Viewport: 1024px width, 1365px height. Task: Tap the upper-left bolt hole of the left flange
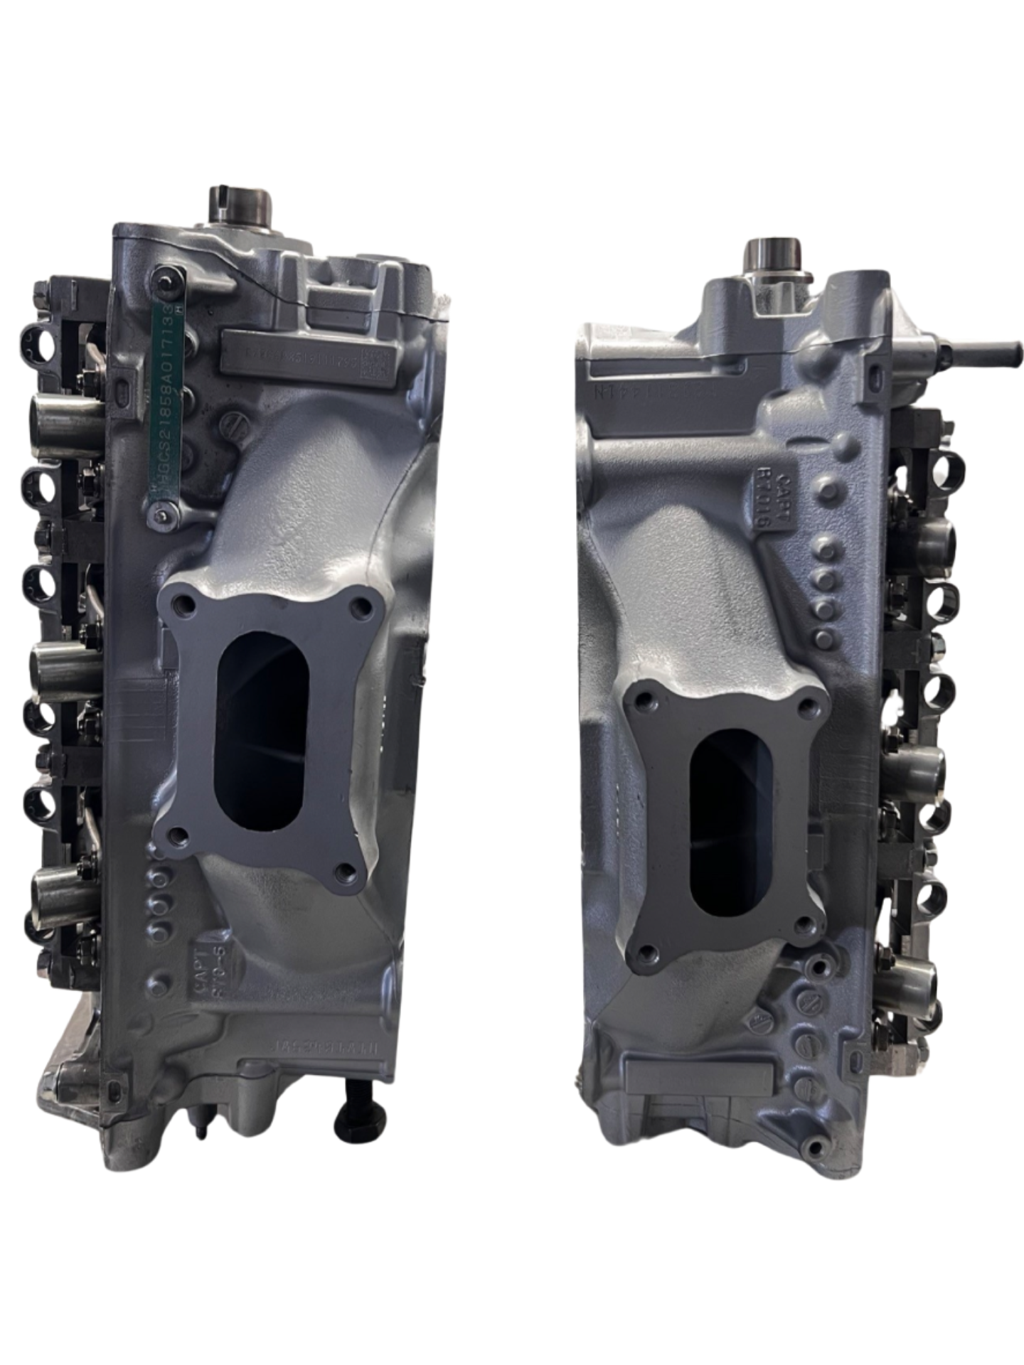click(186, 606)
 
